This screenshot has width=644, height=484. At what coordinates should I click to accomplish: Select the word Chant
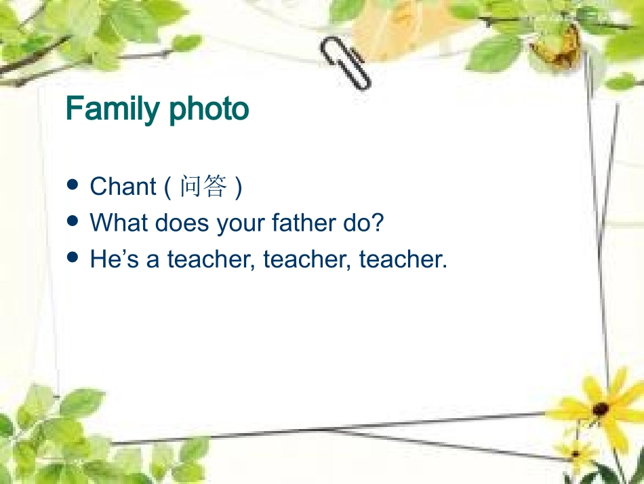(123, 187)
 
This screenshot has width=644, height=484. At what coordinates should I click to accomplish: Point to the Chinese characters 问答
(203, 187)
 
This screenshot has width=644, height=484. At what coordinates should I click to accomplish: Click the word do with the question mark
(363, 223)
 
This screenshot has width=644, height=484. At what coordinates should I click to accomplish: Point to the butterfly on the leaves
(556, 44)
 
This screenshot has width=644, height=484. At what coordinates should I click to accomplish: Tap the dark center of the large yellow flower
(600, 409)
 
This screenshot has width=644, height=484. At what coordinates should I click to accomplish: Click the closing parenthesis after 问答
(237, 187)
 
